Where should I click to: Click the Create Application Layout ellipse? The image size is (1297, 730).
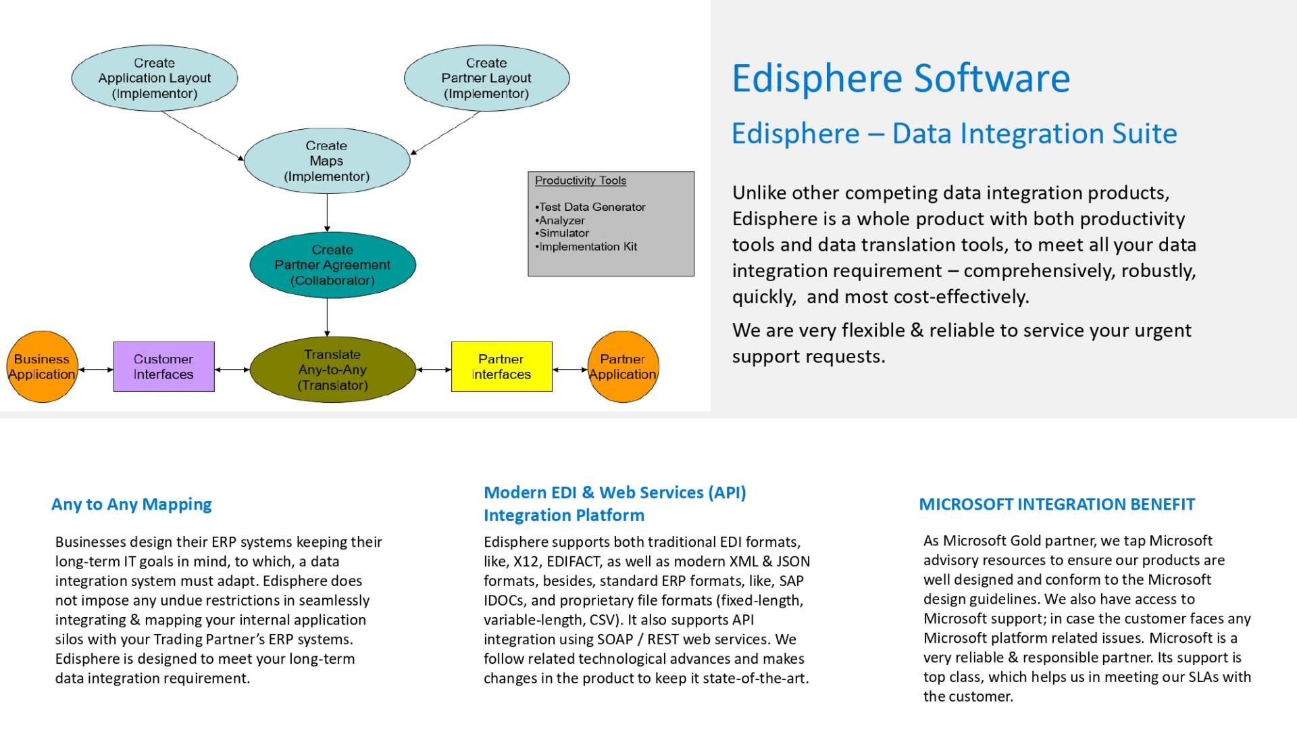pyautogui.click(x=155, y=78)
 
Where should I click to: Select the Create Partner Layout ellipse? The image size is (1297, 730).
pyautogui.click(x=486, y=78)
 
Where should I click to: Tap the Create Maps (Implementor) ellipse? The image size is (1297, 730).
pyautogui.click(x=327, y=161)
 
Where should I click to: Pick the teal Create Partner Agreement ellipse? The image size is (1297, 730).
pyautogui.click(x=332, y=265)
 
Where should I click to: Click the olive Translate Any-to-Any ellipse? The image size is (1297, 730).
pyautogui.click(x=332, y=370)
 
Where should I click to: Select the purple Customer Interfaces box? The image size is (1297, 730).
pyautogui.click(x=164, y=367)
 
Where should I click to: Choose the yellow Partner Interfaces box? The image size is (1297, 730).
pyautogui.click(x=502, y=367)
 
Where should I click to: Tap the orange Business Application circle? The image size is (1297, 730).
pyautogui.click(x=42, y=367)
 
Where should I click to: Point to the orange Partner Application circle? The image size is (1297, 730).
pyautogui.click(x=623, y=367)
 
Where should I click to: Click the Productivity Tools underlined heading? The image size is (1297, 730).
pyautogui.click(x=580, y=180)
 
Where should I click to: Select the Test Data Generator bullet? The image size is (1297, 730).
pyautogui.click(x=590, y=207)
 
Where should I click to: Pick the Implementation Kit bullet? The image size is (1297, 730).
pyautogui.click(x=586, y=247)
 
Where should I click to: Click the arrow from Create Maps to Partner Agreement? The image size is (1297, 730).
pyautogui.click(x=327, y=213)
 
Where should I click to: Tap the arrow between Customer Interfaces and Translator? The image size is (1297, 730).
pyautogui.click(x=232, y=370)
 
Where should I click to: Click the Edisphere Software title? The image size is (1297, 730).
pyautogui.click(x=901, y=78)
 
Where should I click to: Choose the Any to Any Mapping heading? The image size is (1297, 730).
pyautogui.click(x=132, y=504)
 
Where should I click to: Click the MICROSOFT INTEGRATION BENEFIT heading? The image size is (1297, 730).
pyautogui.click(x=1057, y=504)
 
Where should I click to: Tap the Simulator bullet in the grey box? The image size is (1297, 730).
pyautogui.click(x=562, y=233)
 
